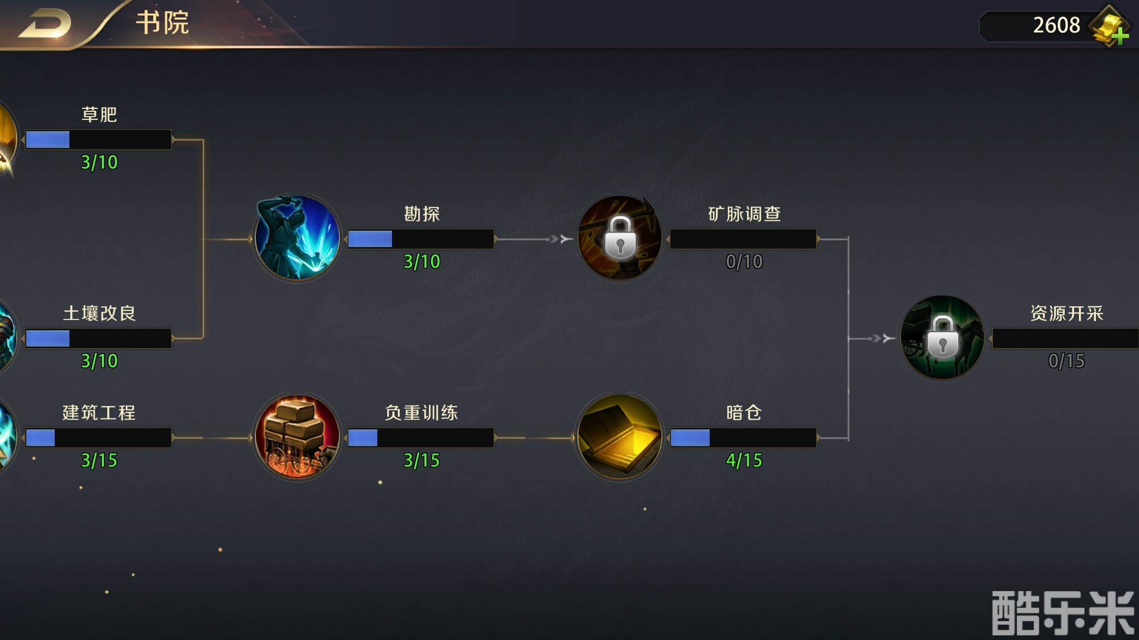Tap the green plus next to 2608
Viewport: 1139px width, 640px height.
[x=1120, y=36]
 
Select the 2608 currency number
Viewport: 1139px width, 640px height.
[x=1056, y=25]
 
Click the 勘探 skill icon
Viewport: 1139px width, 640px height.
[x=297, y=238]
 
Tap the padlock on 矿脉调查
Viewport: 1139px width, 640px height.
[x=620, y=238]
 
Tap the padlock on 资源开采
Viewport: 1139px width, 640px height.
[x=942, y=337]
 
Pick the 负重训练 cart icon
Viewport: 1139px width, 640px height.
[x=297, y=436]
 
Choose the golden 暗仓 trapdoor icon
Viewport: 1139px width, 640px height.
[x=620, y=436]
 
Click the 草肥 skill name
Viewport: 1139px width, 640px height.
[x=99, y=115]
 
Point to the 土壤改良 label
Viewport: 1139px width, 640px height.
[x=99, y=313]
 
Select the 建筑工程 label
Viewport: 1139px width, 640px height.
[x=99, y=413]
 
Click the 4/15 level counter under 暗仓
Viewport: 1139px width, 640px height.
[x=744, y=460]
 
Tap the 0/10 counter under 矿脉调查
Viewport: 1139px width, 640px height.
[x=744, y=262]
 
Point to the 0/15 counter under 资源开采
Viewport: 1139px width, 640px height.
[x=1066, y=361]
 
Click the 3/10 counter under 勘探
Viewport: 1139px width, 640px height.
[x=421, y=262]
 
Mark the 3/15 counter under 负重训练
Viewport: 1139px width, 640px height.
[x=421, y=460]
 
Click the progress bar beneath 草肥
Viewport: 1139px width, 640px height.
[x=98, y=140]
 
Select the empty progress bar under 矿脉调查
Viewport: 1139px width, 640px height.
[x=743, y=239]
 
